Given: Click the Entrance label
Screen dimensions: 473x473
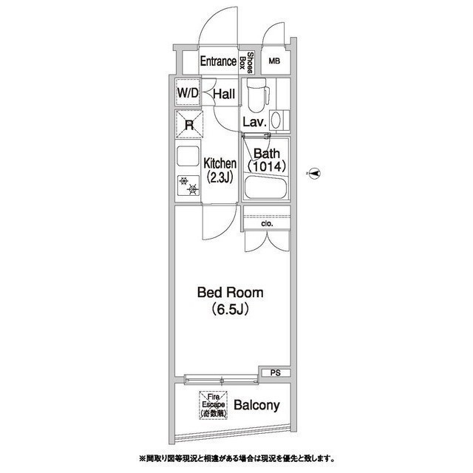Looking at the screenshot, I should click(x=217, y=62).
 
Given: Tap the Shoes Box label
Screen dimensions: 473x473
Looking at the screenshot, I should click(x=251, y=63).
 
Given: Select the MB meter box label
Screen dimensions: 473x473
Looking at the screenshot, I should click(x=274, y=62).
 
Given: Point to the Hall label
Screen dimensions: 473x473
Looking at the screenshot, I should click(x=224, y=94).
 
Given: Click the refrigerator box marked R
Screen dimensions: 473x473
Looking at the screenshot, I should click(x=188, y=125).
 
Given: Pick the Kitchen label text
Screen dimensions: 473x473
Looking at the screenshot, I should click(x=220, y=163).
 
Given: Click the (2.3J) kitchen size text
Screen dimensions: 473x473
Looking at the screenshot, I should click(x=220, y=178).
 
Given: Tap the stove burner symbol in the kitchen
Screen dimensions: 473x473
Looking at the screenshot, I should click(x=189, y=186).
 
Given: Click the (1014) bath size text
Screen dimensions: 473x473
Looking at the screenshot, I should click(x=265, y=167).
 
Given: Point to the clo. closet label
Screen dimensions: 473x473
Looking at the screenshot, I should click(x=267, y=222).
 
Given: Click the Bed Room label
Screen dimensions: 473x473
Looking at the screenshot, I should click(x=229, y=293).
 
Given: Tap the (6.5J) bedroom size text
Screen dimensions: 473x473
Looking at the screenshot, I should click(x=229, y=309).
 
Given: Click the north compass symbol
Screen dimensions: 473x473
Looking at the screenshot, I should click(x=314, y=174).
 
